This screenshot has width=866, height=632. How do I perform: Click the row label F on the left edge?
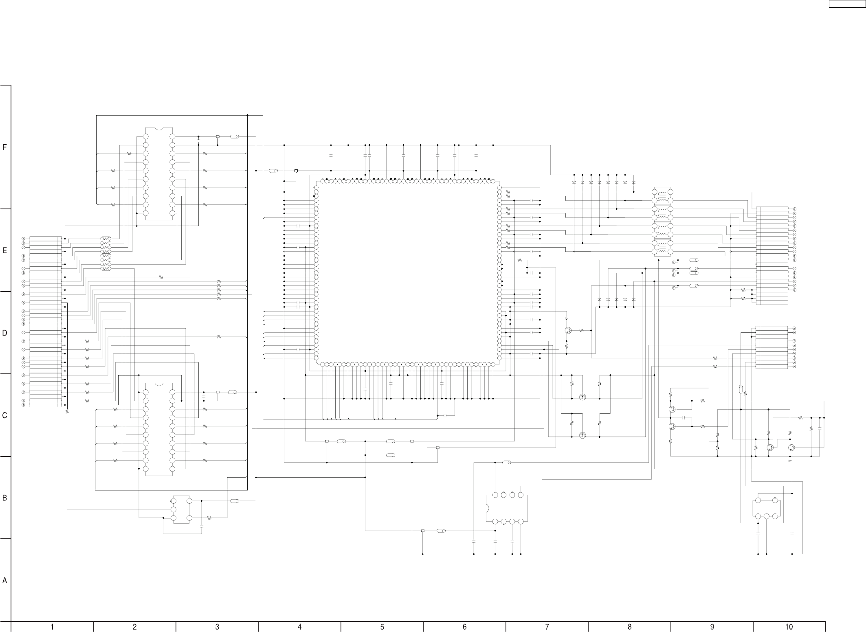(x=4, y=147)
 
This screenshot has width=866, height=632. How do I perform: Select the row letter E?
(x=4, y=250)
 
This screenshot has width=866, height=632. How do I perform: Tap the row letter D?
(x=4, y=333)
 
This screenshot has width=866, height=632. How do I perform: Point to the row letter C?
(x=4, y=416)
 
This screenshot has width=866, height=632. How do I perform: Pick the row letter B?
(x=4, y=498)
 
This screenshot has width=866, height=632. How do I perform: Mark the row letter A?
(x=4, y=581)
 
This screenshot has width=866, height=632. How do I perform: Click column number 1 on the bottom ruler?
(x=52, y=627)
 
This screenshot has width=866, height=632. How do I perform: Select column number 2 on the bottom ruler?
(x=135, y=627)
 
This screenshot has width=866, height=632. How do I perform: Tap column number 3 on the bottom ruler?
(x=217, y=627)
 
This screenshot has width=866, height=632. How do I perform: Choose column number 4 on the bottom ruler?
(x=300, y=627)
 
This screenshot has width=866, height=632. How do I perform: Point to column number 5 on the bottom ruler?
(x=382, y=627)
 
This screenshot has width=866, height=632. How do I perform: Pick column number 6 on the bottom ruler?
(x=465, y=627)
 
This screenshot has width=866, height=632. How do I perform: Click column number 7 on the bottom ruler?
(x=547, y=627)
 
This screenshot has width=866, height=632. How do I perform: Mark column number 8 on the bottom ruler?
(x=630, y=627)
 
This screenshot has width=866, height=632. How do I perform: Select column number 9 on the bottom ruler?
(x=712, y=627)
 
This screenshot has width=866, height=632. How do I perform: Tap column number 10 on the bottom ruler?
(x=789, y=627)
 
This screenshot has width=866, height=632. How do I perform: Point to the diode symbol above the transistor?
(x=566, y=318)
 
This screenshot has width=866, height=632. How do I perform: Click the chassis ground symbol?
(x=790, y=461)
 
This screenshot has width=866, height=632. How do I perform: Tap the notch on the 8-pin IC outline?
(x=488, y=508)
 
